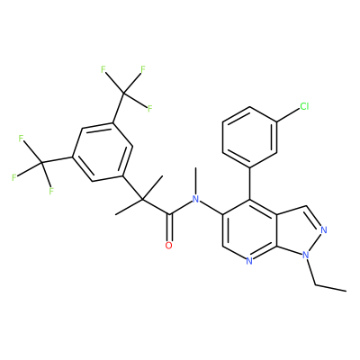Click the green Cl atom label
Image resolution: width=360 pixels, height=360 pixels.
click(304, 106)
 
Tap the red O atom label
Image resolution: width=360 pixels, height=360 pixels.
click(169, 246)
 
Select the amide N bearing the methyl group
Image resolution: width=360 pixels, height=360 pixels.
click(195, 199)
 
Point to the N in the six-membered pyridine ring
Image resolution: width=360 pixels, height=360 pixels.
click(248, 261)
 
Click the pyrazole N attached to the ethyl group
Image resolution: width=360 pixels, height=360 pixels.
click(306, 256)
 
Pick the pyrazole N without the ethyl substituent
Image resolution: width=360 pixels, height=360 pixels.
click(323, 230)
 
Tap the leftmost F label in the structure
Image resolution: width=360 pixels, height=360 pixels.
click(13, 178)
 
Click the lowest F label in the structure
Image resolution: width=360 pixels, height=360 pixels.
click(51, 191)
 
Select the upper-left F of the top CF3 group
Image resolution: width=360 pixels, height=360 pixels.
click(103, 70)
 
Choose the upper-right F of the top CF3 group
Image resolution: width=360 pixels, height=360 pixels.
click(143, 69)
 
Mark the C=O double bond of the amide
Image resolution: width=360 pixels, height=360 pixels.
click(169, 228)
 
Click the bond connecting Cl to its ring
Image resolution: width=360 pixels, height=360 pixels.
click(288, 115)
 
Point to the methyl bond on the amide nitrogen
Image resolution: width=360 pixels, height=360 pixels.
click(195, 181)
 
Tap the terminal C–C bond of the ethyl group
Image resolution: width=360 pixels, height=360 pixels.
click(331, 288)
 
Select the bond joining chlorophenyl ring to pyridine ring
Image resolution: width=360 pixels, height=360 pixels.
click(249, 184)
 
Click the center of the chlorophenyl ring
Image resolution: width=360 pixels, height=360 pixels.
click(249, 137)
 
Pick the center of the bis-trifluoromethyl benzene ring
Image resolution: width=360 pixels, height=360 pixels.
click(103, 152)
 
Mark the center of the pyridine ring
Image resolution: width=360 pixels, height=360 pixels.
click(249, 230)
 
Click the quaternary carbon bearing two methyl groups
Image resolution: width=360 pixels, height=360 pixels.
click(142, 199)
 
